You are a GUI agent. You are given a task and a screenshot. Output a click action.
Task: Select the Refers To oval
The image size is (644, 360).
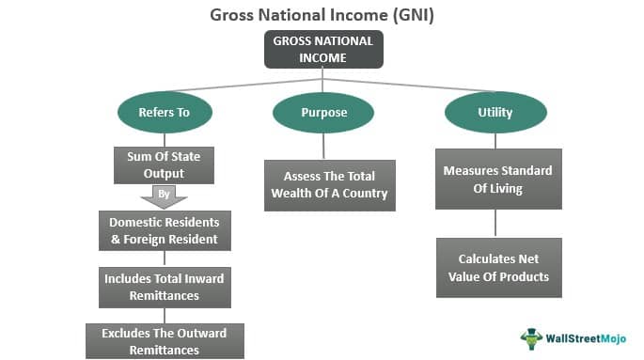[x=164, y=112]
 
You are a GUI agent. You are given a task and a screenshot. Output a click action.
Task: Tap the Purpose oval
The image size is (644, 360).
[x=323, y=112]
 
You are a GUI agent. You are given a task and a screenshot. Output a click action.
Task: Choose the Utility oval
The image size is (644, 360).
[x=495, y=112]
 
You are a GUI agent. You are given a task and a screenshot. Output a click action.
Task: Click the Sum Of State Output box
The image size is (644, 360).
[x=164, y=164]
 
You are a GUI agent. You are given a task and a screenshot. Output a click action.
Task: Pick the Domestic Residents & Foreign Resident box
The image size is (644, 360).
[x=165, y=230]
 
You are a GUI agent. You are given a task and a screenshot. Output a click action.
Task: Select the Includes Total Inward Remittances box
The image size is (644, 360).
[x=165, y=288]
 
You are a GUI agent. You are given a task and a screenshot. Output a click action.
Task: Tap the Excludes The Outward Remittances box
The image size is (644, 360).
[x=165, y=340]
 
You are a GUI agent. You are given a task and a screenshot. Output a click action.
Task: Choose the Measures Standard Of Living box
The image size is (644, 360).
[x=498, y=179]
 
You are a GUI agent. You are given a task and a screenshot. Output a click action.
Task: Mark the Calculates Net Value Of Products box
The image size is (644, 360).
[x=498, y=267]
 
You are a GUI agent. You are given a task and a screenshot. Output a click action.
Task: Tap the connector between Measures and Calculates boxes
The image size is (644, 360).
[x=496, y=223]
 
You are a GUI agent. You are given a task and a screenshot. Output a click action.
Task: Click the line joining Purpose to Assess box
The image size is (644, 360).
[x=323, y=146]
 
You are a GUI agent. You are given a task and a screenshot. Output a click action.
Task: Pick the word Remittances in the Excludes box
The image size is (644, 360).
[x=165, y=350]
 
